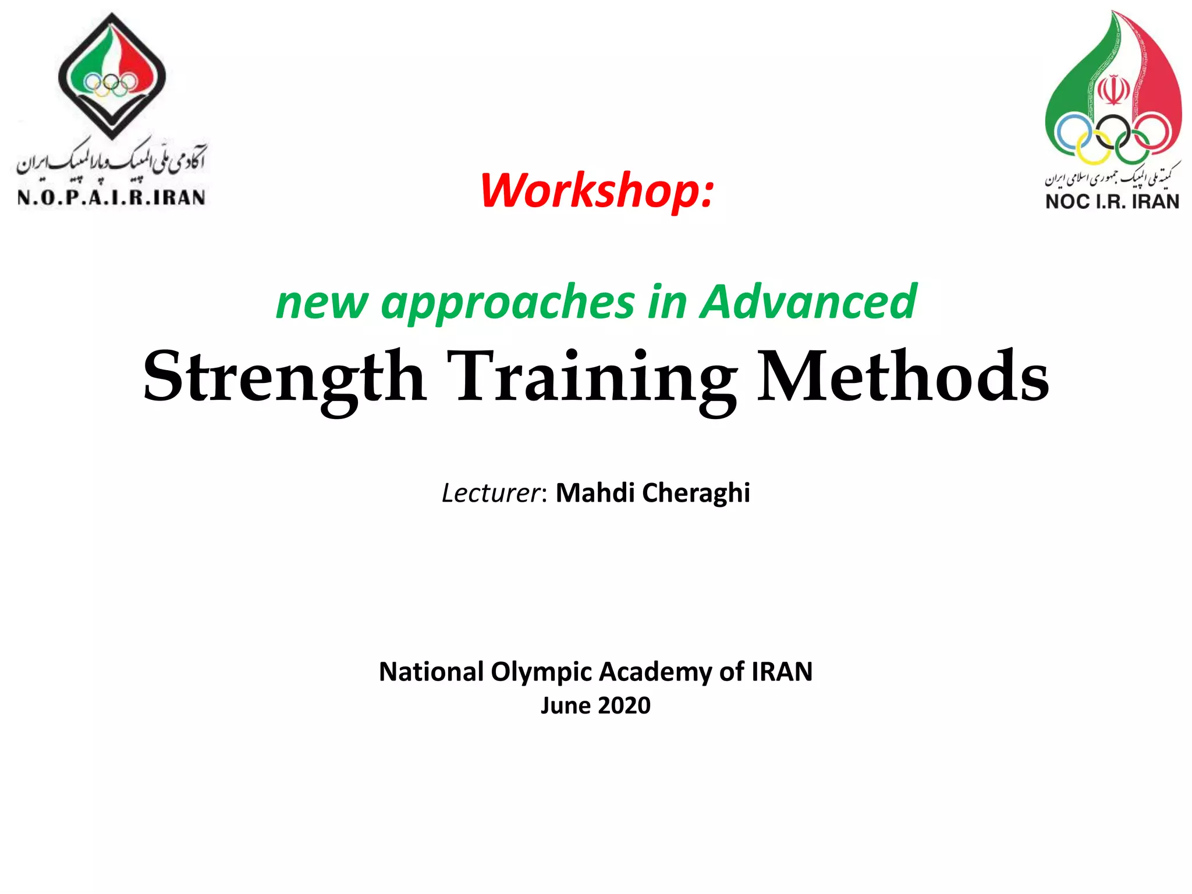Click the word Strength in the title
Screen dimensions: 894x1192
(x=284, y=377)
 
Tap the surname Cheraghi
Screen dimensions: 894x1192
(x=696, y=494)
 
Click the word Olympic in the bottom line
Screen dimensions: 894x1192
(x=541, y=672)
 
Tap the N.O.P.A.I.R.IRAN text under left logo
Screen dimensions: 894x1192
(x=111, y=198)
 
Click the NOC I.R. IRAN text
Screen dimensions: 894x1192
(x=1112, y=201)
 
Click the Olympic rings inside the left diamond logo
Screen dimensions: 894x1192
(x=111, y=85)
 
